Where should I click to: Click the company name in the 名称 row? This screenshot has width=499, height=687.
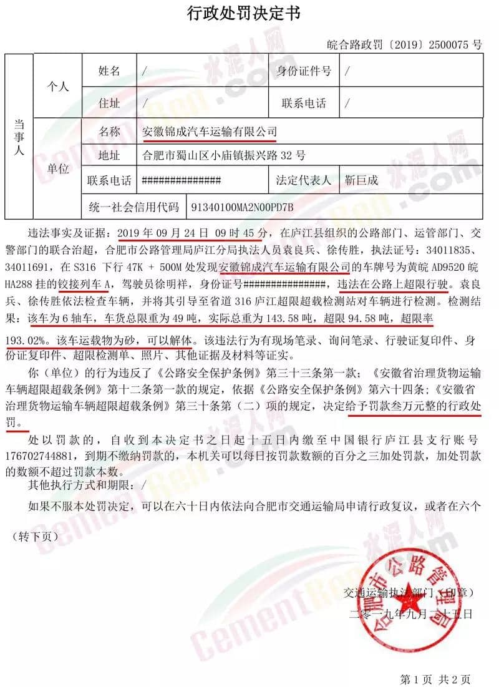210,132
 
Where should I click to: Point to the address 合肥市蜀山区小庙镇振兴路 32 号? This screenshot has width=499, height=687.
224,156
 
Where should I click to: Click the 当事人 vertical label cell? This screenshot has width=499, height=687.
19,137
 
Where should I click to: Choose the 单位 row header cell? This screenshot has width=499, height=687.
58,168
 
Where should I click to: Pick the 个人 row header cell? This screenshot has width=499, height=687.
58,87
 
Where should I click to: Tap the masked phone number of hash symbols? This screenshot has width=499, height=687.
182,181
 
